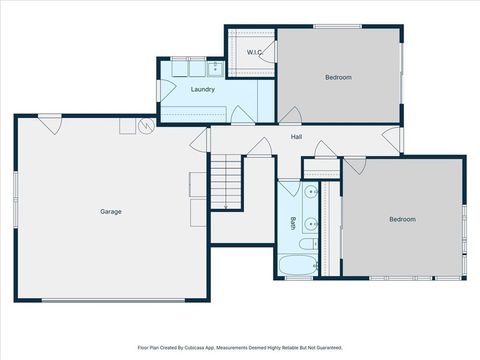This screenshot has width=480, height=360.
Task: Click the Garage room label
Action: pyautogui.click(x=110, y=211)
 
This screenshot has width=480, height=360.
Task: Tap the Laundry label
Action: pyautogui.click(x=203, y=89)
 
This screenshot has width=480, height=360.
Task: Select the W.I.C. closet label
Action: pyautogui.click(x=255, y=51)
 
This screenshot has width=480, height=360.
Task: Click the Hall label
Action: pyautogui.click(x=297, y=137)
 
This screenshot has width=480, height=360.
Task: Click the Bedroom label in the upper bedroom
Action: pyautogui.click(x=338, y=77)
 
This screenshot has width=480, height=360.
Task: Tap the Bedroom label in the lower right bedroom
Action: pyautogui.click(x=402, y=219)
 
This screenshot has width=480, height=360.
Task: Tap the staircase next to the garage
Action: pyautogui.click(x=227, y=182)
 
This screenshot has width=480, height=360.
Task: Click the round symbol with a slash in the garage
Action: pyautogui.click(x=146, y=126)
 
